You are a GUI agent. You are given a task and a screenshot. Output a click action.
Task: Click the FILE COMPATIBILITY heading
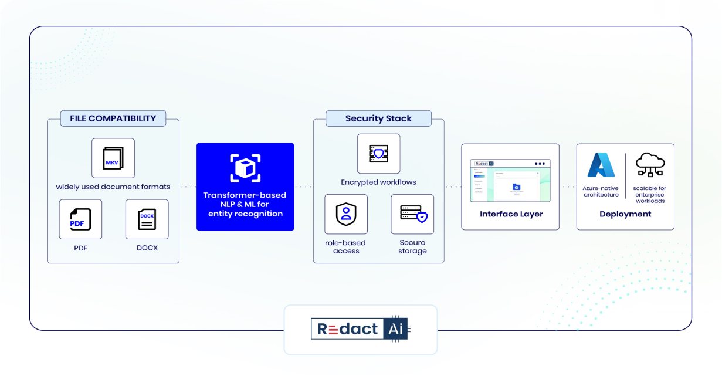(113, 118)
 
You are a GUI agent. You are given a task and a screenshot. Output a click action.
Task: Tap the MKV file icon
(113, 158)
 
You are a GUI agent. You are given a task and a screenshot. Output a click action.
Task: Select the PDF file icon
(80, 219)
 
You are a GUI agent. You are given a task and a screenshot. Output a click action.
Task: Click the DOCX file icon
(147, 219)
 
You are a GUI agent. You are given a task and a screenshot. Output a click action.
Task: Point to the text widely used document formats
(113, 187)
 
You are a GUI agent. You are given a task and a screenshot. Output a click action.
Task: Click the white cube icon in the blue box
(245, 168)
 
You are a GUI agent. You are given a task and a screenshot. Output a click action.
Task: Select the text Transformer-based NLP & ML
(245, 199)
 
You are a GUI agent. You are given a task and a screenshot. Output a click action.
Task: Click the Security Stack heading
(378, 118)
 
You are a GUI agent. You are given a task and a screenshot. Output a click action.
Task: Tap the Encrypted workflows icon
(378, 154)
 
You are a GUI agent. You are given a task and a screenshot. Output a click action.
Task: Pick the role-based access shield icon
(346, 214)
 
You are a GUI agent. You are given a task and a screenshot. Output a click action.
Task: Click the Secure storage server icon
(412, 214)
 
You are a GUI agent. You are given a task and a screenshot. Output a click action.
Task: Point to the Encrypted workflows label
(378, 182)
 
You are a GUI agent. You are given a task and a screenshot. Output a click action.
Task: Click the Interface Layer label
(511, 214)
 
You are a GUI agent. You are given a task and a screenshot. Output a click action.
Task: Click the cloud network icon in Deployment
(649, 165)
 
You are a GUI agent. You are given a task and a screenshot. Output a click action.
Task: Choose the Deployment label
(625, 214)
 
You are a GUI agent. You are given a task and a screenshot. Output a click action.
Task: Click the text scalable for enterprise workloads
(649, 194)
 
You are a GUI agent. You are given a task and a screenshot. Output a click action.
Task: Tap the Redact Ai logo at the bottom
(360, 329)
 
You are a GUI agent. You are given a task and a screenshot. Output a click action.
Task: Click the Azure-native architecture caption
(601, 191)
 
